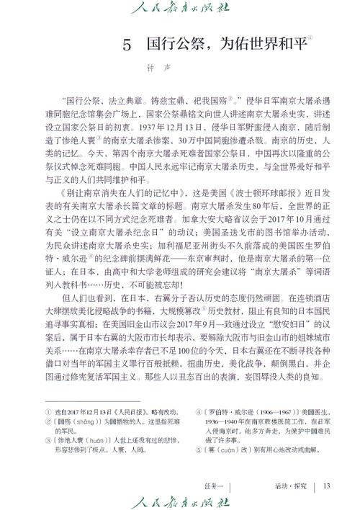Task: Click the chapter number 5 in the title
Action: click(x=127, y=45)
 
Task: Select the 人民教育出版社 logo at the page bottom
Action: click(x=179, y=499)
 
